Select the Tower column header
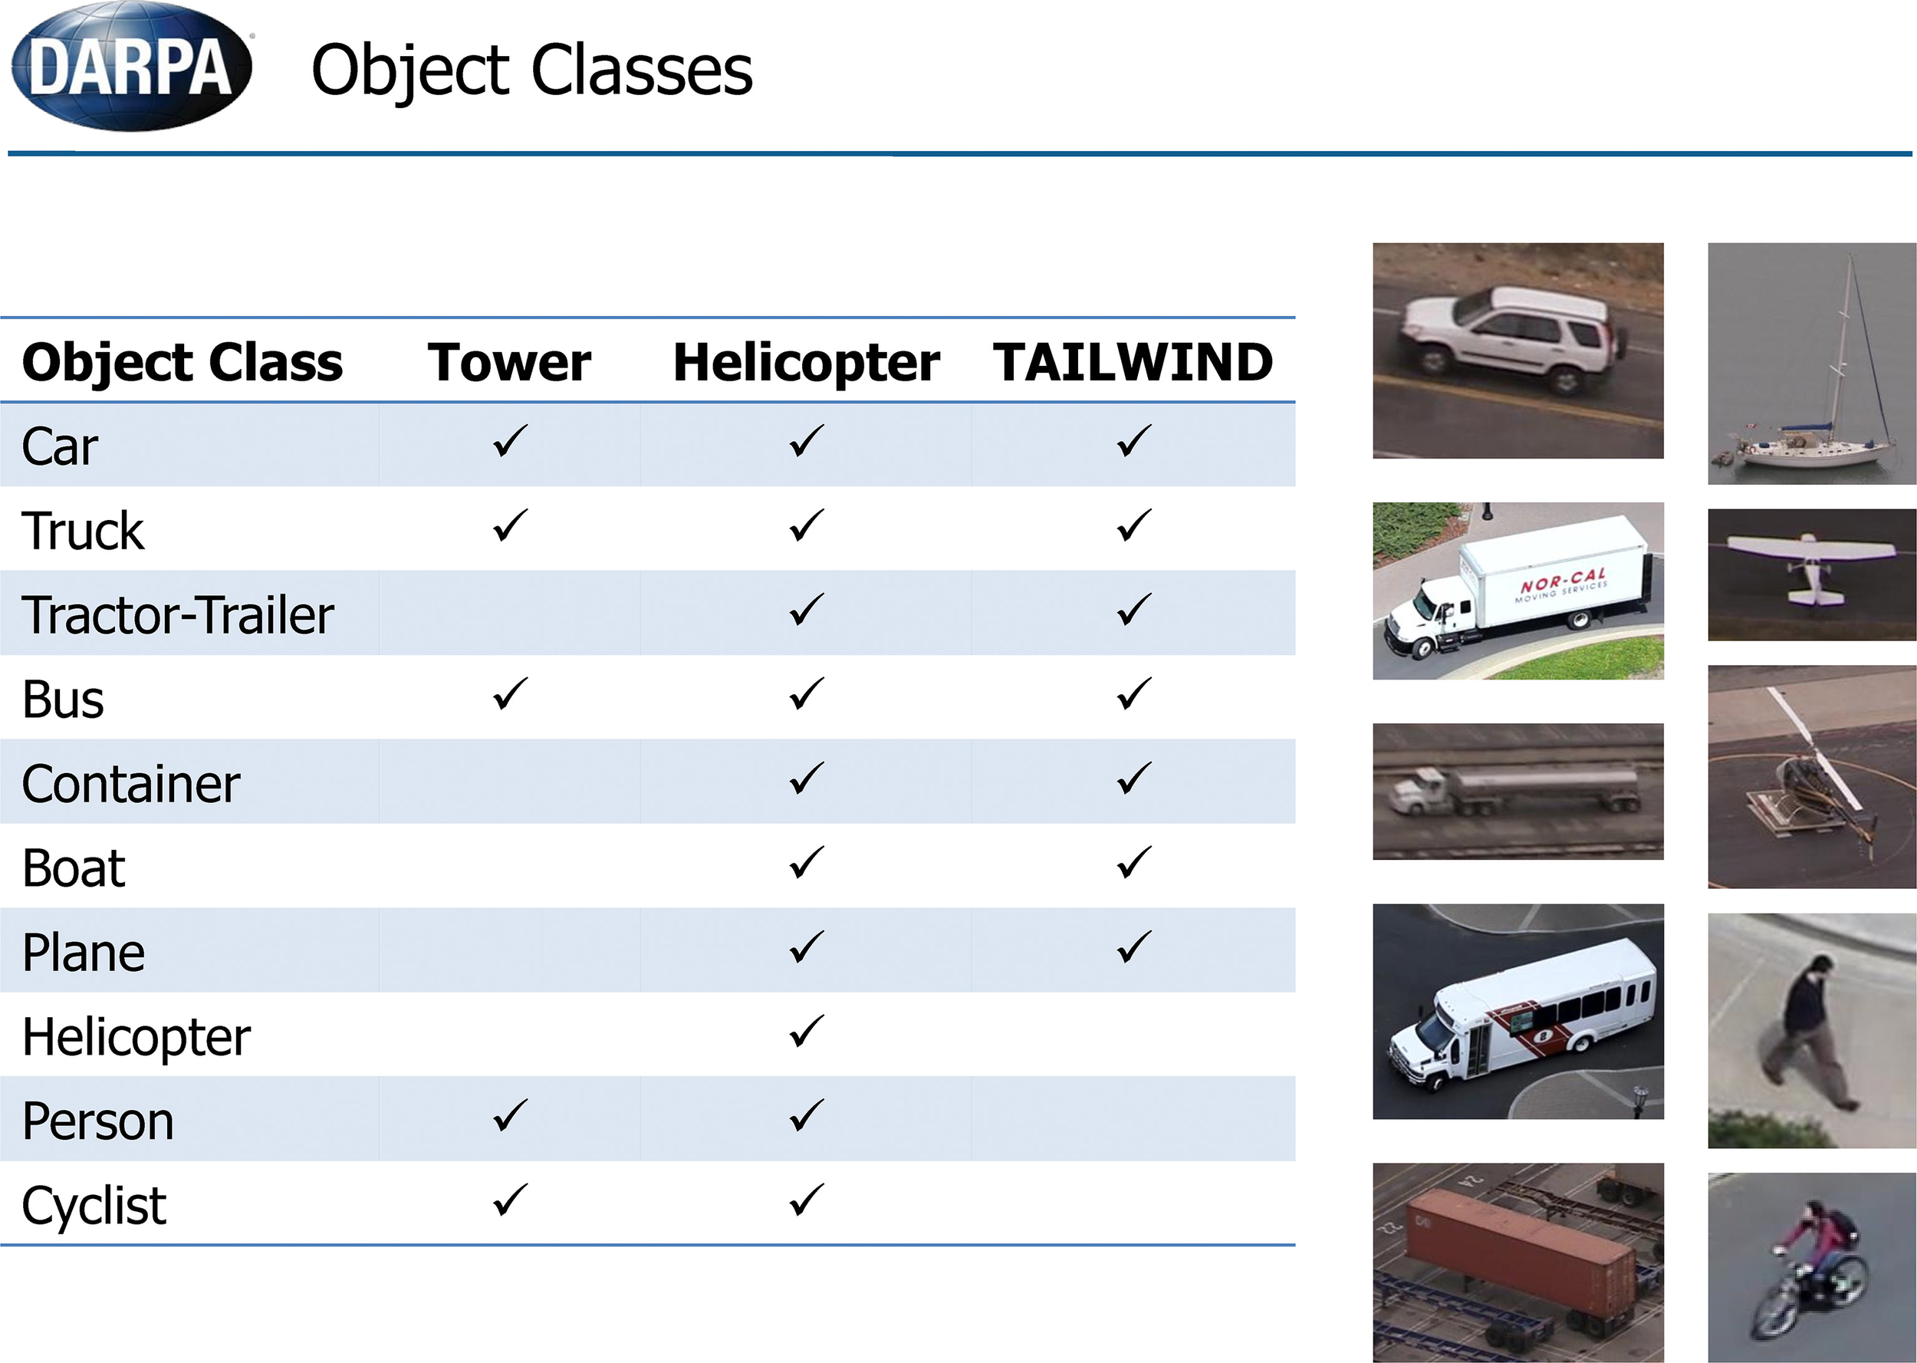(509, 362)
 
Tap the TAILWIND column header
(1133, 362)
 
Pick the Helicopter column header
(806, 363)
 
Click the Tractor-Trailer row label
(178, 614)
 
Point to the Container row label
(131, 783)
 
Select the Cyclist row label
(94, 1206)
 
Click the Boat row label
(74, 867)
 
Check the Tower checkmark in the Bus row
(510, 693)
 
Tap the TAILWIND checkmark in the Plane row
(1133, 946)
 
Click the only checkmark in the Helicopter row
(806, 1031)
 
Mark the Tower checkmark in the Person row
(510, 1114)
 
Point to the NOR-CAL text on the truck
(1563, 579)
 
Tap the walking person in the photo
(1809, 1032)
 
